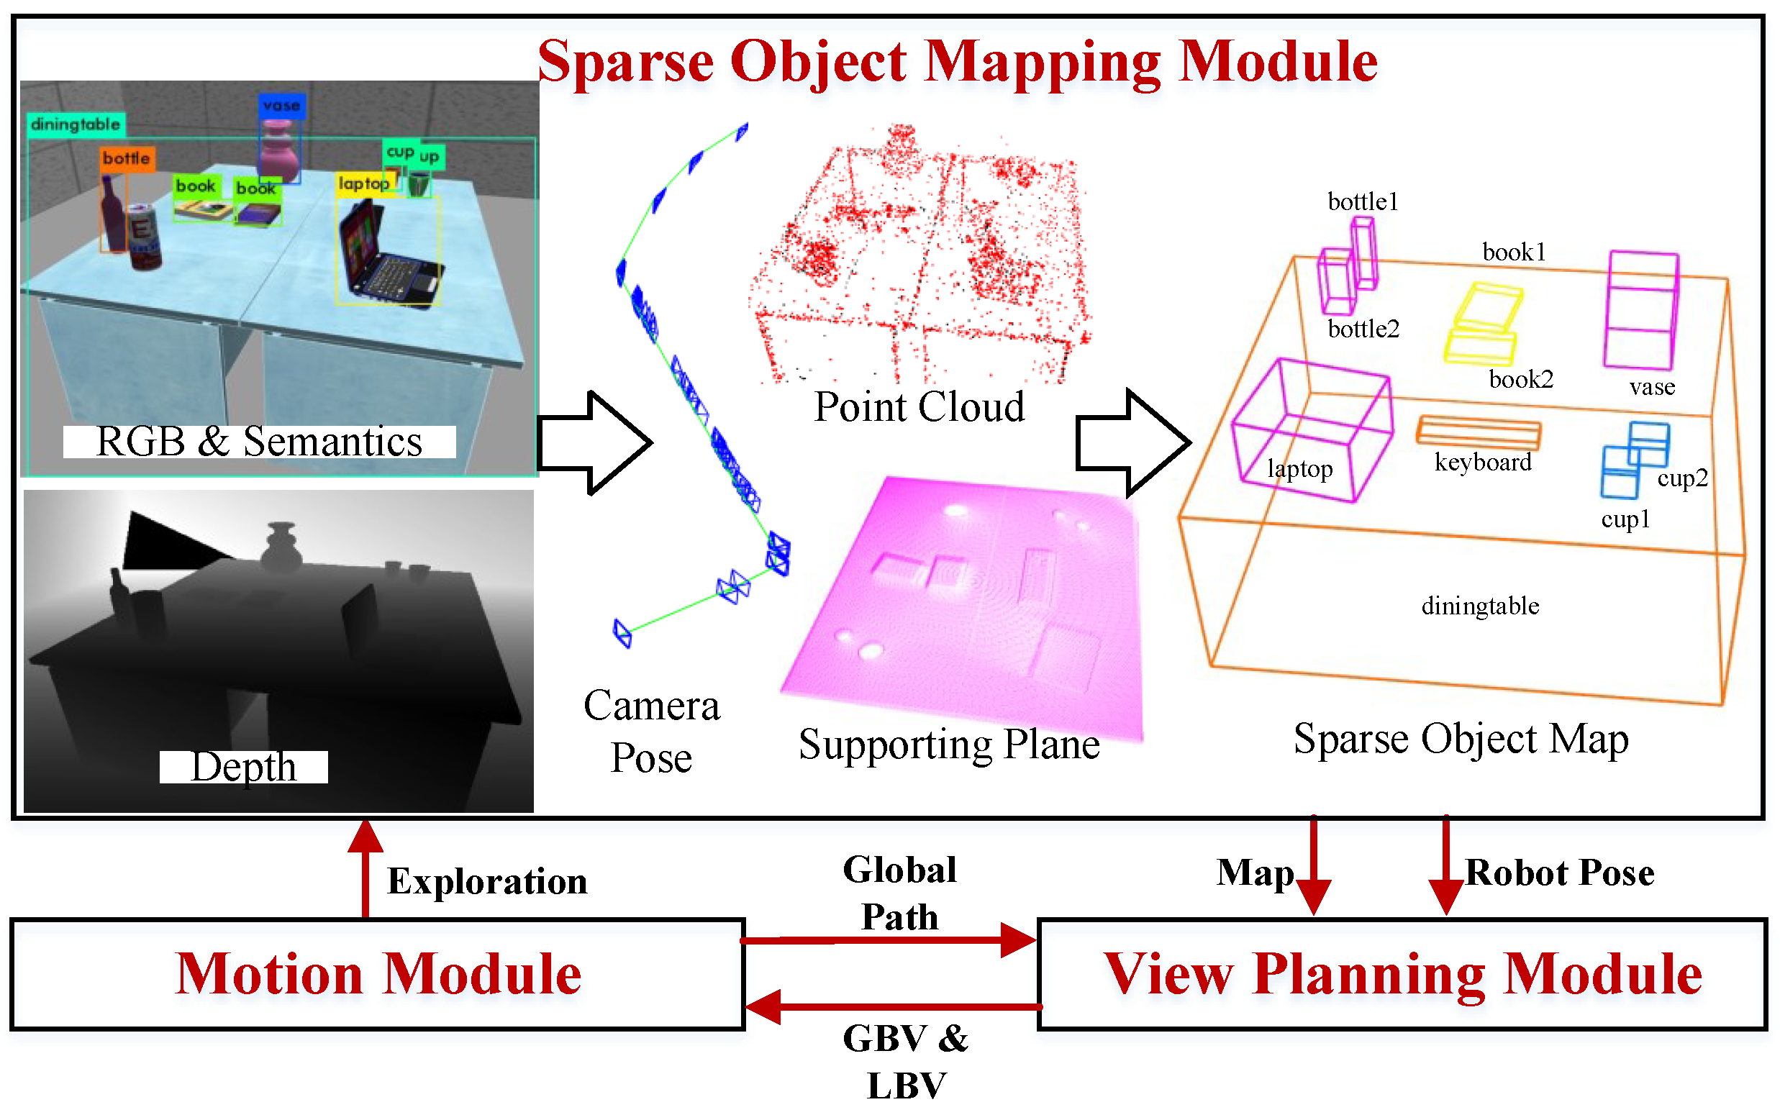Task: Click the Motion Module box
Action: [378, 973]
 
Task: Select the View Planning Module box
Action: [1402, 973]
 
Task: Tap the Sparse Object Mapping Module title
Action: [957, 62]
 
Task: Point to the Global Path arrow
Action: [889, 940]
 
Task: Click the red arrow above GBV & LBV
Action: [892, 1006]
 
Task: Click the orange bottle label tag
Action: [127, 158]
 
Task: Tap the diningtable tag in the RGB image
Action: [76, 124]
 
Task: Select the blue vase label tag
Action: [281, 106]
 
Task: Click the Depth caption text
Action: [243, 767]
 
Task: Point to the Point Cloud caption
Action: [919, 406]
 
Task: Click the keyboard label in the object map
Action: [1483, 463]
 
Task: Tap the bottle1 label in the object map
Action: [1363, 202]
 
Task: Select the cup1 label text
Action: [1625, 520]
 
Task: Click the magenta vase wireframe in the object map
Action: [1641, 310]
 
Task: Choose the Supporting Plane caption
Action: [949, 743]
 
